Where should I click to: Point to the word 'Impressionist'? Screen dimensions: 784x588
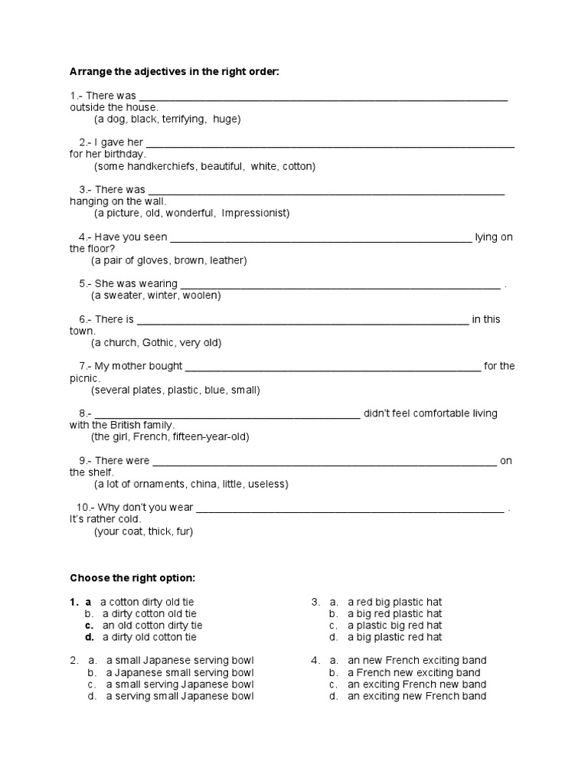(x=256, y=214)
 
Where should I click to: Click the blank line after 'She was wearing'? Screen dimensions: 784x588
(x=341, y=284)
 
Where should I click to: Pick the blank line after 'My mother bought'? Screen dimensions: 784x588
(x=333, y=367)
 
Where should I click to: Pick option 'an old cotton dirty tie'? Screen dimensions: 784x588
(x=152, y=626)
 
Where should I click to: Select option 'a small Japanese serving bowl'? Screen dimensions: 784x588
(x=180, y=661)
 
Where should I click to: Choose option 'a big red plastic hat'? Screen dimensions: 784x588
(x=395, y=614)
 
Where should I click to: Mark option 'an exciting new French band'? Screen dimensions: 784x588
(x=417, y=696)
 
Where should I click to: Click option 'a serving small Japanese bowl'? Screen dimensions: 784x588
(x=180, y=696)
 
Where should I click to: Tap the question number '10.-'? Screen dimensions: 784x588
(x=86, y=508)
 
